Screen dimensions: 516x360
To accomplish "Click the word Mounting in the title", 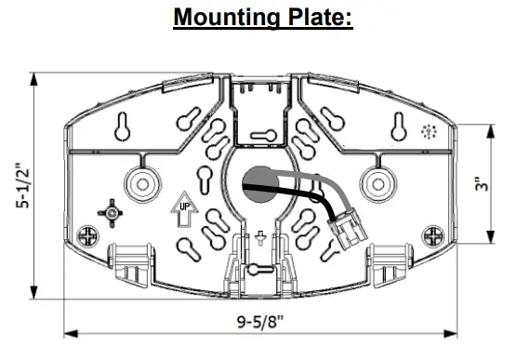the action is pyautogui.click(x=227, y=18).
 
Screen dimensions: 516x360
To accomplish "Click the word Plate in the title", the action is pyautogui.click(x=317, y=17).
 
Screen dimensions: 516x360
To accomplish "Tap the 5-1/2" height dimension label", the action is pyautogui.click(x=22, y=185).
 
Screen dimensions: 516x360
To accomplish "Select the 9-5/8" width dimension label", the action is pyautogui.click(x=260, y=322).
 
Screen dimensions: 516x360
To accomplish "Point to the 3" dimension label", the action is pyautogui.click(x=482, y=184).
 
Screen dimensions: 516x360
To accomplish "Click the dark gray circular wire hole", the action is pyautogui.click(x=260, y=184).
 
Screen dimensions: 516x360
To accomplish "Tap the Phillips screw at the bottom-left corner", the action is pyautogui.click(x=87, y=236).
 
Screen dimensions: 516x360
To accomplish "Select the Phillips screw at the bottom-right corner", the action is pyautogui.click(x=433, y=236).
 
